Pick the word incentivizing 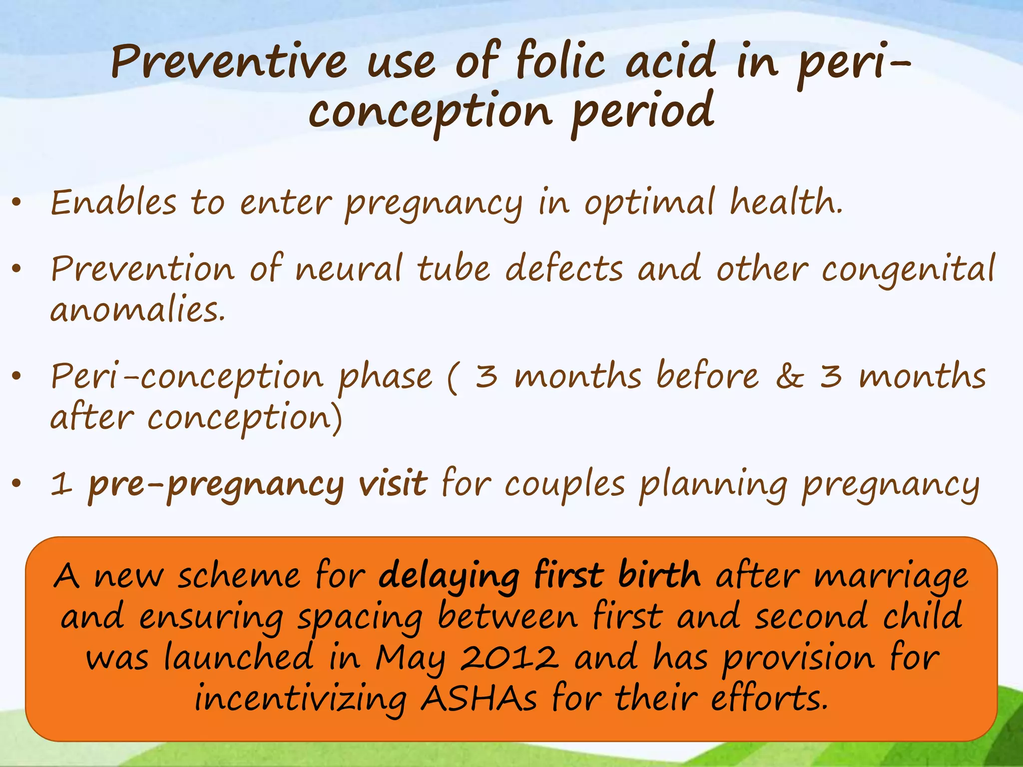coord(301,699)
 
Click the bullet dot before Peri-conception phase coord(17,377)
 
